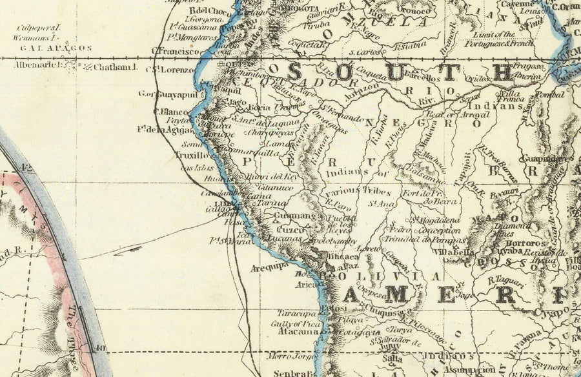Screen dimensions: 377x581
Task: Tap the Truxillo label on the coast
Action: [x=190, y=156]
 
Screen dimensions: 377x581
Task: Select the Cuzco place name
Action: [x=289, y=229]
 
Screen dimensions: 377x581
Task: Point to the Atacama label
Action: [x=299, y=332]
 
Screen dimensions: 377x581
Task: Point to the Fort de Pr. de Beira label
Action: [x=424, y=198]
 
